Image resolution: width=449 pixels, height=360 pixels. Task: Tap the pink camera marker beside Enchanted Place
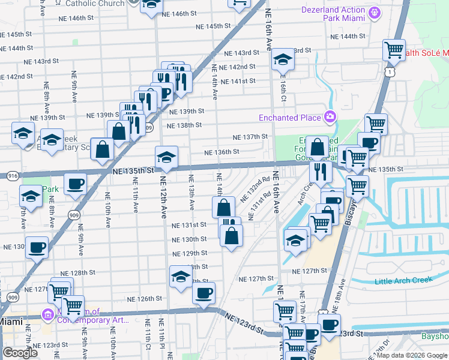click(x=329, y=116)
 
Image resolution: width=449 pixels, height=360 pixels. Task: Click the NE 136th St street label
click(x=221, y=152)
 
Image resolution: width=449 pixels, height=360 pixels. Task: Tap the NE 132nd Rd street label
click(x=255, y=189)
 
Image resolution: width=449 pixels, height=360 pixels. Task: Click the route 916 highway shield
click(x=12, y=175)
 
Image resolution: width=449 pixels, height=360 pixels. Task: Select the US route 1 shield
click(x=390, y=72)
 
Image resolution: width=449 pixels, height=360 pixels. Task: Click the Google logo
click(x=20, y=353)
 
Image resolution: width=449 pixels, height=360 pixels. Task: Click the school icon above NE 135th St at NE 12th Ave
click(x=166, y=158)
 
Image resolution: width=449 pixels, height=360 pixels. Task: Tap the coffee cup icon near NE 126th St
click(x=203, y=293)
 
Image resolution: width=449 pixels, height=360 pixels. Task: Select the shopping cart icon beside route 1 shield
click(x=394, y=50)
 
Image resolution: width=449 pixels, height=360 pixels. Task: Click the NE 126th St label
click(x=145, y=299)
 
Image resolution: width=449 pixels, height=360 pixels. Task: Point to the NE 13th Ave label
click(x=191, y=192)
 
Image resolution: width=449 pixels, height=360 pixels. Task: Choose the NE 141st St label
click(x=238, y=82)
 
